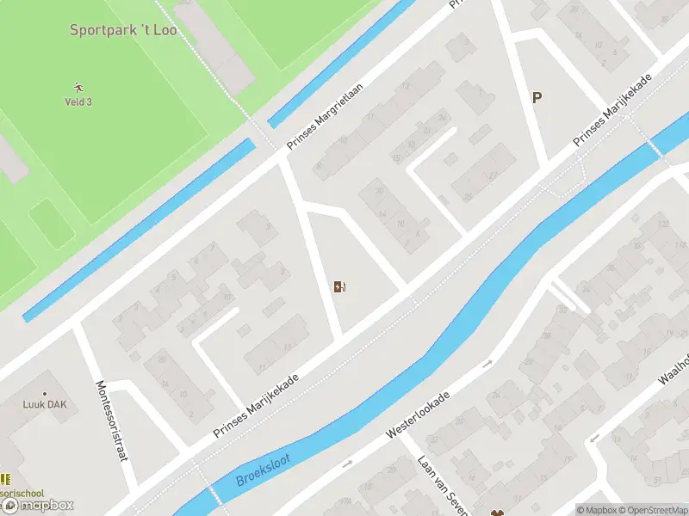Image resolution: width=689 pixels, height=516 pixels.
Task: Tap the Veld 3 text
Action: coord(78,101)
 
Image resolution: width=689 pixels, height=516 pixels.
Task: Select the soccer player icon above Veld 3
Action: coord(78,87)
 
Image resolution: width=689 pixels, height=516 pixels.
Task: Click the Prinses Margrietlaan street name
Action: coord(326,117)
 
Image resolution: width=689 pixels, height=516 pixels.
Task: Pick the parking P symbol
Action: coord(537,98)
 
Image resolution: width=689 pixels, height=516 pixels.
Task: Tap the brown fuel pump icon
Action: coord(340,286)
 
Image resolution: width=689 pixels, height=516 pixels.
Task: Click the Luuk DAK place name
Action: coord(45,404)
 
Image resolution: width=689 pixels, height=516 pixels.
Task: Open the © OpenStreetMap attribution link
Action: coord(652,510)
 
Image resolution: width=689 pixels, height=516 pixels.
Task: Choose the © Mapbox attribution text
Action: coord(597,510)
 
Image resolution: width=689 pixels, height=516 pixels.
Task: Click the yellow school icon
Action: coord(5,479)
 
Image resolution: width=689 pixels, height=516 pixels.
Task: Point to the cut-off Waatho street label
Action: coord(674,370)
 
